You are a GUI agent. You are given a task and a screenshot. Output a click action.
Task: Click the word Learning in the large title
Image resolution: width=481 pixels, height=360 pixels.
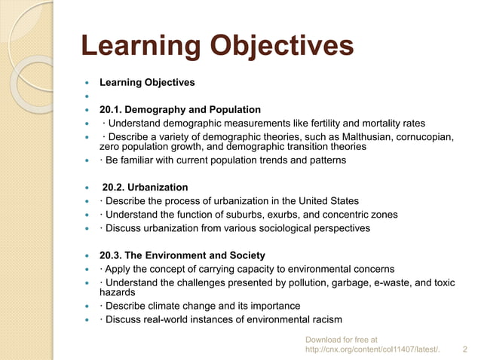(x=139, y=46)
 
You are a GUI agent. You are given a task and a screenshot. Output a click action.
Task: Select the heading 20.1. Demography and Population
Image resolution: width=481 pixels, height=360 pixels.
(x=180, y=110)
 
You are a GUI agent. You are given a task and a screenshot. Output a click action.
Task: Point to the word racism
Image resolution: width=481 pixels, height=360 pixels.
(x=325, y=319)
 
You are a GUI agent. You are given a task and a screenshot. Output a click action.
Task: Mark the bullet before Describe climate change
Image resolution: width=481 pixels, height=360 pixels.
(x=89, y=307)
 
